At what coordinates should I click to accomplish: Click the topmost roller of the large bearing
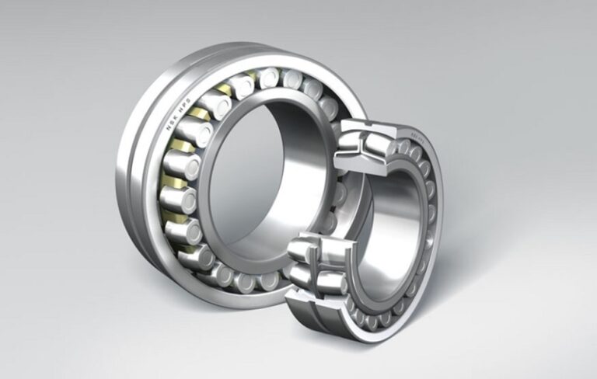point(269,78)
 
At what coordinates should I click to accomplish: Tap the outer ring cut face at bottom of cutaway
point(307,298)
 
